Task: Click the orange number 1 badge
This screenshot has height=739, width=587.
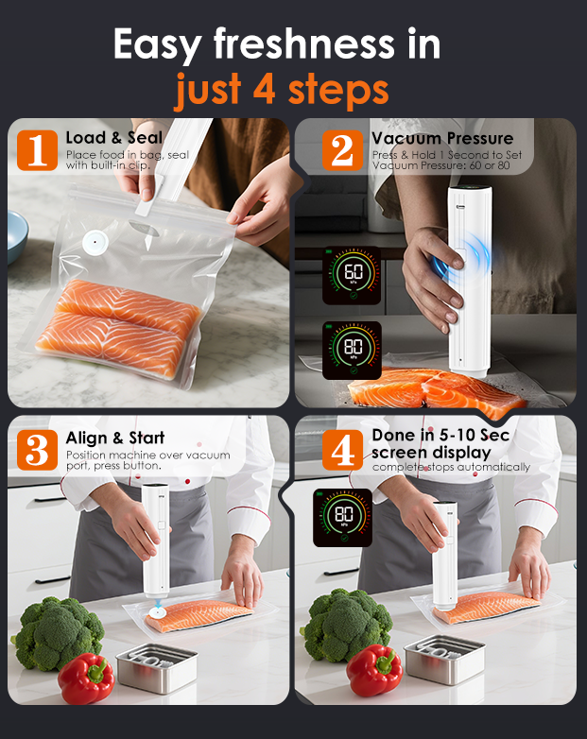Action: [x=38, y=149]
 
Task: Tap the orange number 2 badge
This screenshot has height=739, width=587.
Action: [x=342, y=149]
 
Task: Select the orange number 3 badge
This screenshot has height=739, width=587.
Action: [x=38, y=450]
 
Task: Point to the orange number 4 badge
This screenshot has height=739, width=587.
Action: [x=342, y=450]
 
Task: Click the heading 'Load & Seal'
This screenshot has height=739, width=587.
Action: [x=114, y=138]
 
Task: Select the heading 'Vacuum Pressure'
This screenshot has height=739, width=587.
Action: [x=441, y=138]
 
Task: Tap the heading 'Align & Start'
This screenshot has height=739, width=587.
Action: [x=115, y=438]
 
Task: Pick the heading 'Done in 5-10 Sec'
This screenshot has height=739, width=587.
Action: [x=440, y=435]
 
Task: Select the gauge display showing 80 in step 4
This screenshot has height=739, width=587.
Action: [x=342, y=518]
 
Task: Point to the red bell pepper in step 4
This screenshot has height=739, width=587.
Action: [x=373, y=670]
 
